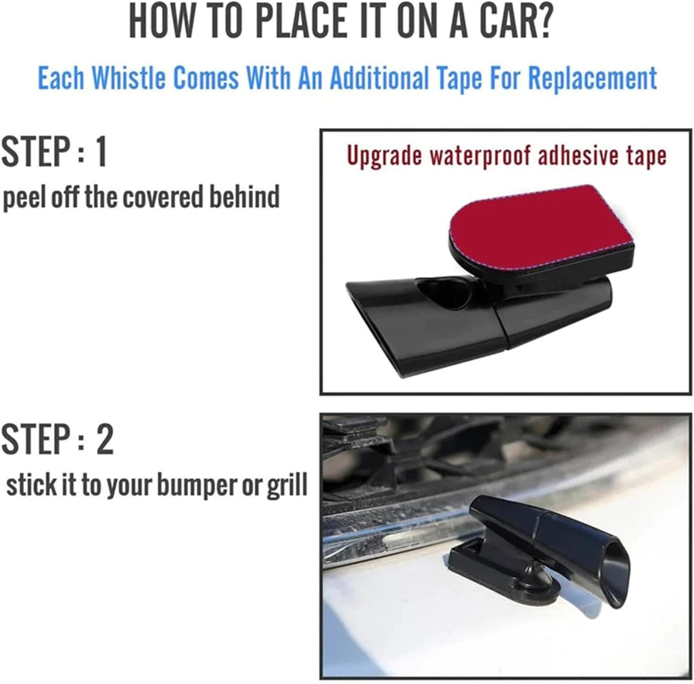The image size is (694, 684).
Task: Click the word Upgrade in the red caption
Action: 384,156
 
